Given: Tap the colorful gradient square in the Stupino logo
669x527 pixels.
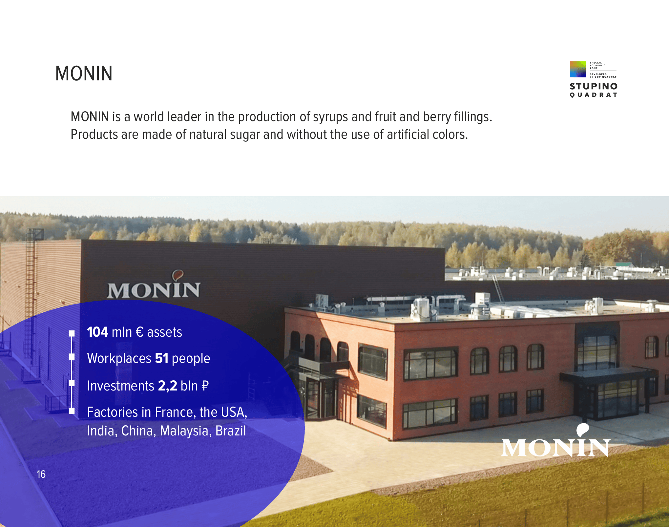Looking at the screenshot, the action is (578, 69).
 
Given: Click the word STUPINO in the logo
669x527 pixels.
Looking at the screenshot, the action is (594, 86).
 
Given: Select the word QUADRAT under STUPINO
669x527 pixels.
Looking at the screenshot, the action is (594, 95).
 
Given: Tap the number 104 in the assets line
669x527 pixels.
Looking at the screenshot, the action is (97, 332).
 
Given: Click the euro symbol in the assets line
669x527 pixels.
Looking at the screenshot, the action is (139, 332).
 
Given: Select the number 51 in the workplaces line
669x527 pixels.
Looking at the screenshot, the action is (162, 358).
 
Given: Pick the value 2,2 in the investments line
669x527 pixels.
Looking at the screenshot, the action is (167, 386).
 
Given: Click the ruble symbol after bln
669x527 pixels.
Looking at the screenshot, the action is (205, 386).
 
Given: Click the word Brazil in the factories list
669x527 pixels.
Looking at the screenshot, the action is (231, 431).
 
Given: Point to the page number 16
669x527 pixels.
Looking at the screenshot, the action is (41, 474).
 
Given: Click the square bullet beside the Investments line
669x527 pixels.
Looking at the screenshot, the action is (72, 383).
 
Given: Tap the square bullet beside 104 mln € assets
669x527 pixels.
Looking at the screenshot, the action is (72, 334).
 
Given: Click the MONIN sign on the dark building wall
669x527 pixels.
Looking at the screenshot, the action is (154, 285).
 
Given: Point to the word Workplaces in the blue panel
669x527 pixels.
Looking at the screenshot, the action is (119, 359).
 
